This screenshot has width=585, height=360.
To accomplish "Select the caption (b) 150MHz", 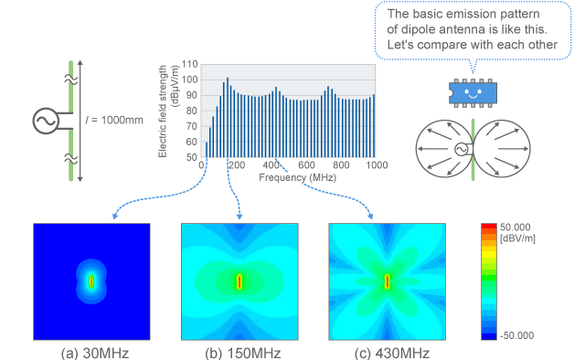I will click(x=239, y=351).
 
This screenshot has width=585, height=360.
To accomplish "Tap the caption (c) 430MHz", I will click(x=387, y=351).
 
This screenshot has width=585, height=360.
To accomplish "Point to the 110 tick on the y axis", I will click(x=191, y=65).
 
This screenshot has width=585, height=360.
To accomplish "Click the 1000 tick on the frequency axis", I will click(x=375, y=164).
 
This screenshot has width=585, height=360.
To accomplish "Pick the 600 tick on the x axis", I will click(x=305, y=164).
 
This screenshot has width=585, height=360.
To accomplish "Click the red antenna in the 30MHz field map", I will click(x=91, y=281).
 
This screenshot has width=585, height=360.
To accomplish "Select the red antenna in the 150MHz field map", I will click(x=239, y=281).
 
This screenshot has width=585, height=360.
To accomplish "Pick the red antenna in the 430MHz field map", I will click(x=388, y=281).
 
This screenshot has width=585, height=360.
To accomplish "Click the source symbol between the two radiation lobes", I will click(x=462, y=149).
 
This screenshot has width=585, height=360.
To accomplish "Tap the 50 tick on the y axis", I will click(x=193, y=156).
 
